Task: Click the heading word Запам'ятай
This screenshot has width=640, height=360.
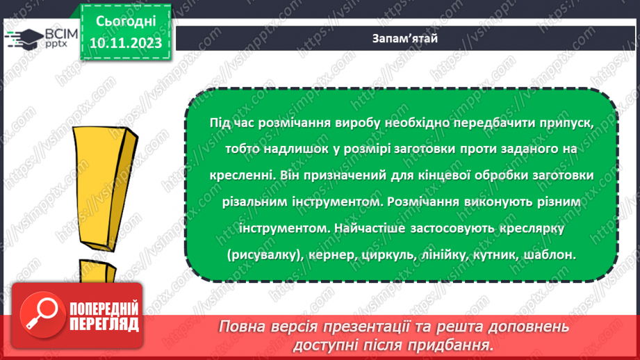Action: coord(404,39)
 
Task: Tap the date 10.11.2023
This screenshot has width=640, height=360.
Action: coord(121,43)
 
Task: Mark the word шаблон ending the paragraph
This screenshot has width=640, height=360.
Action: coord(552,255)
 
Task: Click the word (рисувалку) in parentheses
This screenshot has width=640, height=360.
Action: coord(265,255)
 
